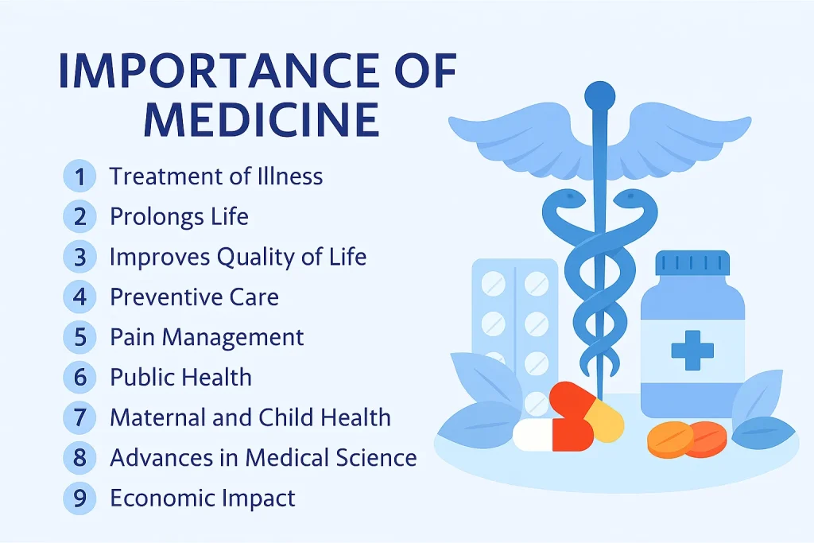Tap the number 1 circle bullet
[x=79, y=176]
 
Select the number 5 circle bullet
[x=79, y=337]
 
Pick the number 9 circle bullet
[x=79, y=498]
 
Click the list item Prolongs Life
[x=179, y=216]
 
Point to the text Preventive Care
[x=194, y=297]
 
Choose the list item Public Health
[x=180, y=377]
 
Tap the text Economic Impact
[x=202, y=498]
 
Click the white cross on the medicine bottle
[x=692, y=350]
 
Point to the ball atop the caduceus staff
[x=599, y=96]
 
